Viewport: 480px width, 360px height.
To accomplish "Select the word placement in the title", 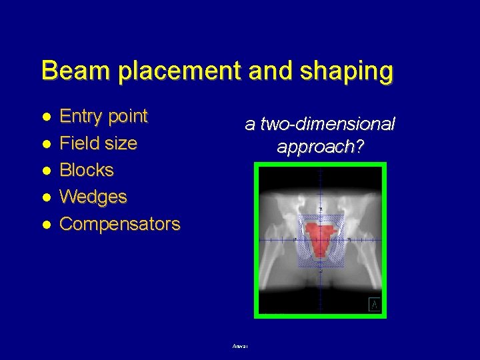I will pyautogui.click(x=175, y=71).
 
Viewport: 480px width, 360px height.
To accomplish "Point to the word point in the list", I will pyautogui.click(x=128, y=117).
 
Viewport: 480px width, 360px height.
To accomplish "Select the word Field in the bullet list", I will pyautogui.click(x=79, y=143).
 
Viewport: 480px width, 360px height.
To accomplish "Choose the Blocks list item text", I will pyautogui.click(x=87, y=170).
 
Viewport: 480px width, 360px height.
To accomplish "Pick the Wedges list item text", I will pyautogui.click(x=93, y=197).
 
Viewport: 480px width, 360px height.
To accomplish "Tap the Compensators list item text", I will pyautogui.click(x=120, y=224).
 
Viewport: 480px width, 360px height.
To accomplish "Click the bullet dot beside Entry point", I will pyautogui.click(x=47, y=117).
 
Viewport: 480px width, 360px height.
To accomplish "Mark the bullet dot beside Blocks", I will pyautogui.click(x=47, y=170).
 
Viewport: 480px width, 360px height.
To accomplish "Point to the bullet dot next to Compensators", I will pyautogui.click(x=47, y=224).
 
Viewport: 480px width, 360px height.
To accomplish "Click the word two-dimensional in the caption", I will pyautogui.click(x=327, y=125).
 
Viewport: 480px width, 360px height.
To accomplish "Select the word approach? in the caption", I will pyautogui.click(x=321, y=147).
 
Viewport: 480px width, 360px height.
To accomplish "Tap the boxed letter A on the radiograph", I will pyautogui.click(x=375, y=305).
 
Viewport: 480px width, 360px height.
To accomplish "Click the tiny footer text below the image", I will pyautogui.click(x=241, y=346).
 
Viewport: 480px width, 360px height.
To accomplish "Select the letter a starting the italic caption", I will pyautogui.click(x=250, y=125).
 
